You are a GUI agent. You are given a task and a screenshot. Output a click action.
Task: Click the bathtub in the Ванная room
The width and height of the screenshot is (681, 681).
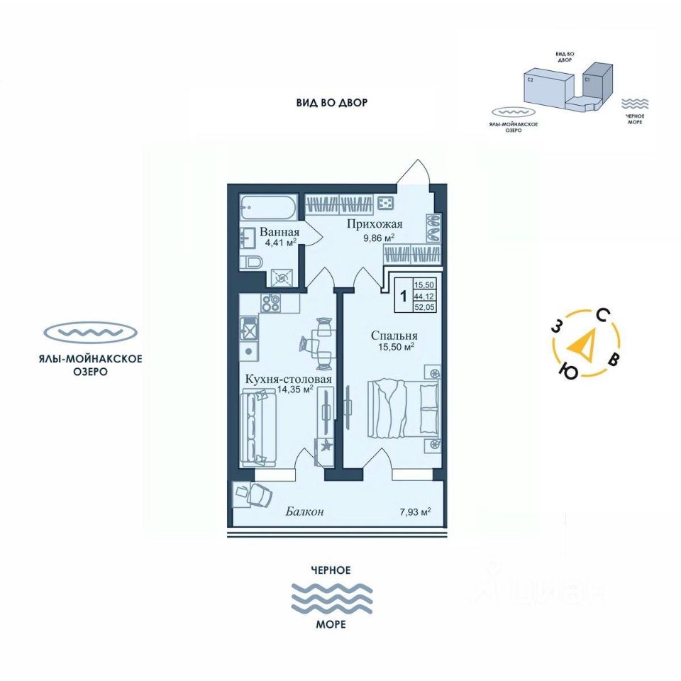point(267,208)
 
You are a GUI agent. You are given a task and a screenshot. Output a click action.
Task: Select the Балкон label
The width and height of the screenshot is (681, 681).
point(306,511)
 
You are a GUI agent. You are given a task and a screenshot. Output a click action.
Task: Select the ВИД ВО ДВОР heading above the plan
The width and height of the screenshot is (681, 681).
point(332,103)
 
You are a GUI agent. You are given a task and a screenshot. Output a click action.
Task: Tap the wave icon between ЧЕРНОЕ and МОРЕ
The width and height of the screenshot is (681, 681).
point(333,598)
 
